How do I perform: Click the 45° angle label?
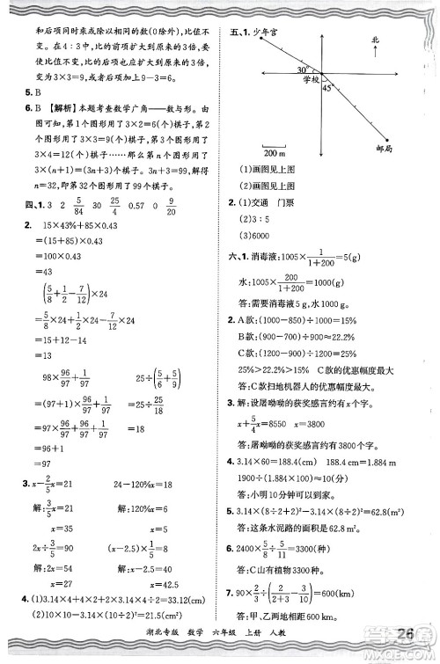[x=327, y=88]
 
